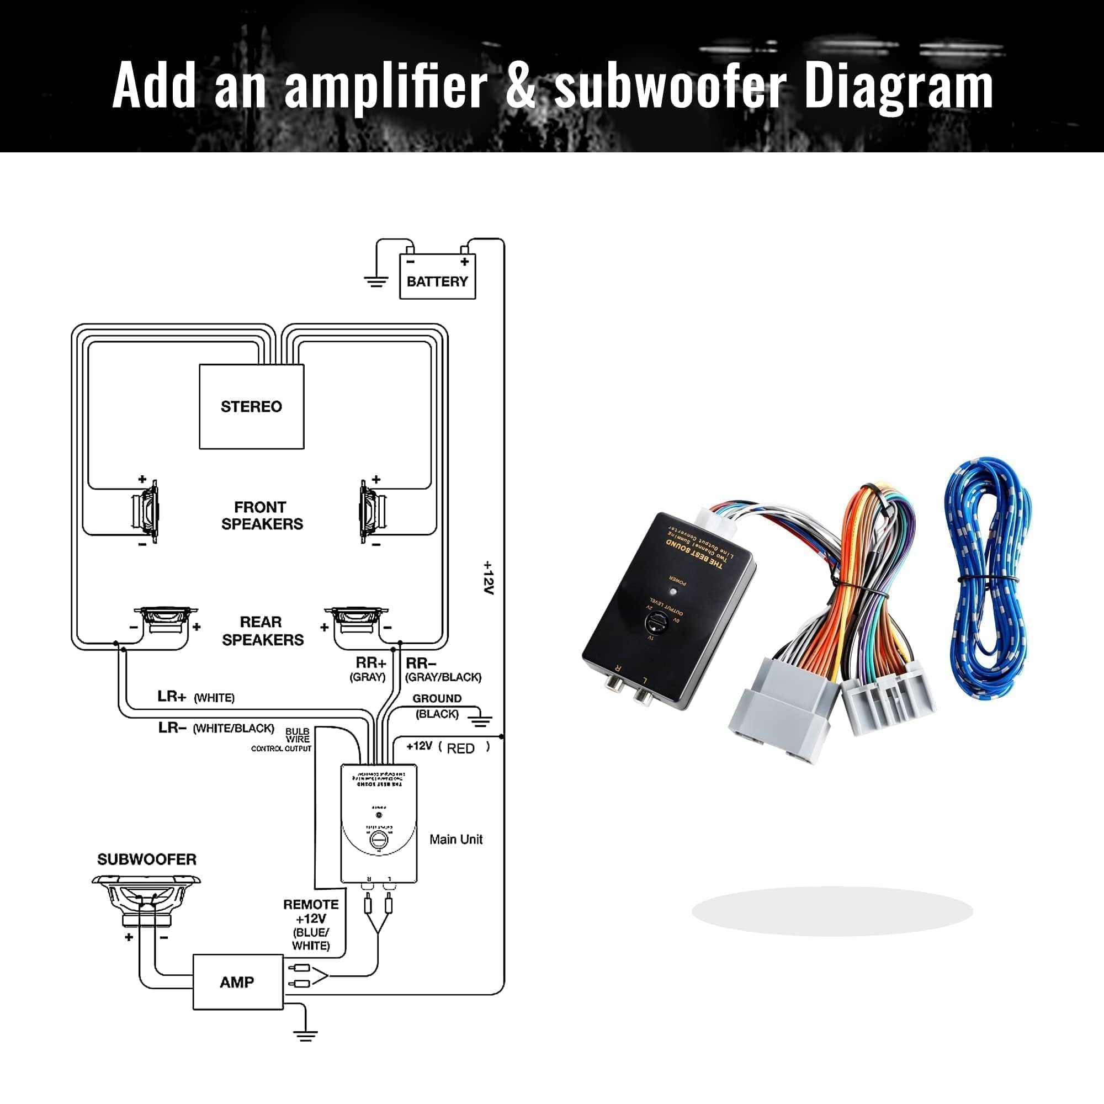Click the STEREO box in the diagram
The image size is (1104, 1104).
click(x=251, y=406)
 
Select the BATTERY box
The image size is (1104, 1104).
click(x=437, y=277)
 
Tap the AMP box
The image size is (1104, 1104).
click(x=238, y=981)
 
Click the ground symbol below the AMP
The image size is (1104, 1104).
click(x=305, y=1035)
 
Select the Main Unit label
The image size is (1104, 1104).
click(x=455, y=840)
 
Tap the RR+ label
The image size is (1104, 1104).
click(x=370, y=663)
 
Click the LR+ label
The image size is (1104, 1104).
click(x=172, y=697)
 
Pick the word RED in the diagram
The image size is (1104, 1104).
click(x=460, y=749)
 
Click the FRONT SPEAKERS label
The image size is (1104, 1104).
click(x=262, y=516)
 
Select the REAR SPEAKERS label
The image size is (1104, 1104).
click(x=262, y=631)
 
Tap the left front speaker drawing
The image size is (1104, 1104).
click(x=145, y=512)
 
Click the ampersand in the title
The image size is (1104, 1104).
click(x=520, y=86)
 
